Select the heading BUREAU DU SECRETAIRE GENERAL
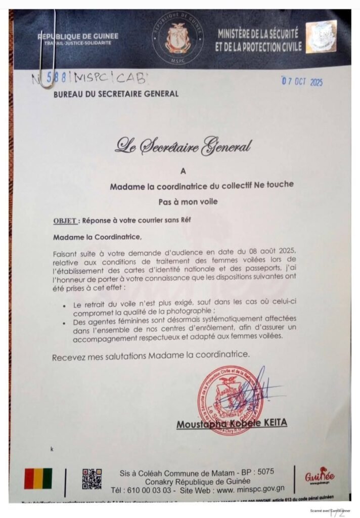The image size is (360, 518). click(116, 94)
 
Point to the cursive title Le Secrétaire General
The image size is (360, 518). click(183, 146)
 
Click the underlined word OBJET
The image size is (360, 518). click(65, 221)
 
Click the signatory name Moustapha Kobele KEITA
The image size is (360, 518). click(232, 423)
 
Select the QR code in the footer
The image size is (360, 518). click(92, 479)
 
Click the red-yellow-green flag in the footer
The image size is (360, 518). click(38, 478)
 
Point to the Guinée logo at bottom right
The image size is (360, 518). click(320, 477)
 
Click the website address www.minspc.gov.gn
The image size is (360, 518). click(244, 490)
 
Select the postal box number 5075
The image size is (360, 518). click(266, 471)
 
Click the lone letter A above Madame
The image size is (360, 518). click(183, 171)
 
